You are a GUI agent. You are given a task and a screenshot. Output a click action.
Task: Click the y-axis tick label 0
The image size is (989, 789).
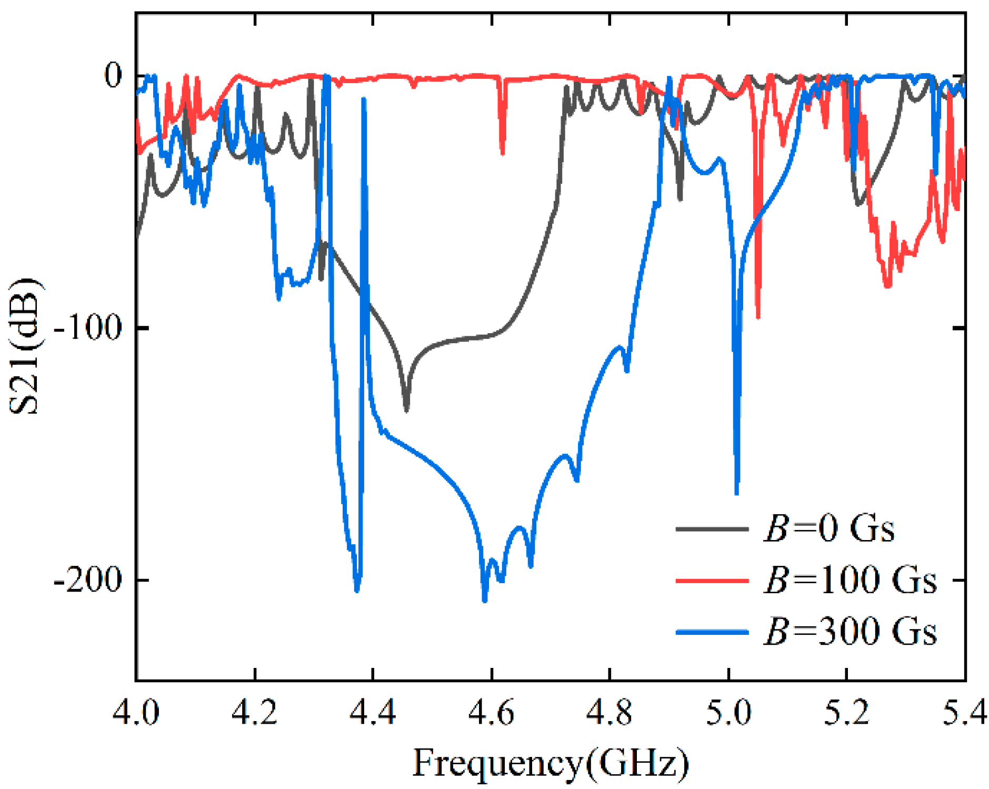[x=113, y=75]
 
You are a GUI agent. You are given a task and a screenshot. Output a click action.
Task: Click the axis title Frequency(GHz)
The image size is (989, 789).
[x=550, y=762]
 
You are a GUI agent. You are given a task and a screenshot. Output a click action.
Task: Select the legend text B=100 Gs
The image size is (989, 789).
[x=850, y=580]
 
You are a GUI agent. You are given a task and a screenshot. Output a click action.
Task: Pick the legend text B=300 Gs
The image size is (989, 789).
[x=850, y=631]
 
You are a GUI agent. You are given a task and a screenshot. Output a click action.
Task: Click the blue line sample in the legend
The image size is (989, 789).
[x=712, y=631]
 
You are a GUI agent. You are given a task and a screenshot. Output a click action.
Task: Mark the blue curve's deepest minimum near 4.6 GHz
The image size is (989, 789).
[x=484, y=600]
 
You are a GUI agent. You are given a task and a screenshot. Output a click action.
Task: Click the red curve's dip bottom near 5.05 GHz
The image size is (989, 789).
[x=758, y=317]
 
